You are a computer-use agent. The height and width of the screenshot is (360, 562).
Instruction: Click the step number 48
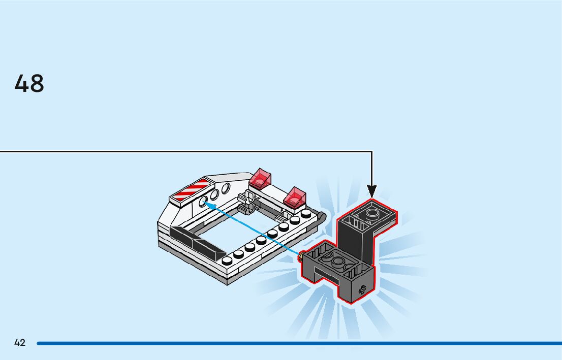29,84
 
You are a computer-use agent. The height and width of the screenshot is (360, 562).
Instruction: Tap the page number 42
20,343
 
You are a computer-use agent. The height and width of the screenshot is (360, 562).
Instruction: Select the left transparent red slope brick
260,179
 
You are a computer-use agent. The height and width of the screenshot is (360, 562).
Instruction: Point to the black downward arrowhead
372,191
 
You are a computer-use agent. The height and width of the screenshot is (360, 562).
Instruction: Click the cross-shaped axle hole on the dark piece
362,290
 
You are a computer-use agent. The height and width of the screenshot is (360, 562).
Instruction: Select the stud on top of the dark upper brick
372,212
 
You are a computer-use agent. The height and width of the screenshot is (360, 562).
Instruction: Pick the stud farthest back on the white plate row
305,214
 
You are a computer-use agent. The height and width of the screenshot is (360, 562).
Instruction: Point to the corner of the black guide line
372,151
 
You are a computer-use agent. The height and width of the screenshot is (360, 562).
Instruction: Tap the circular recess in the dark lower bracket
337,262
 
